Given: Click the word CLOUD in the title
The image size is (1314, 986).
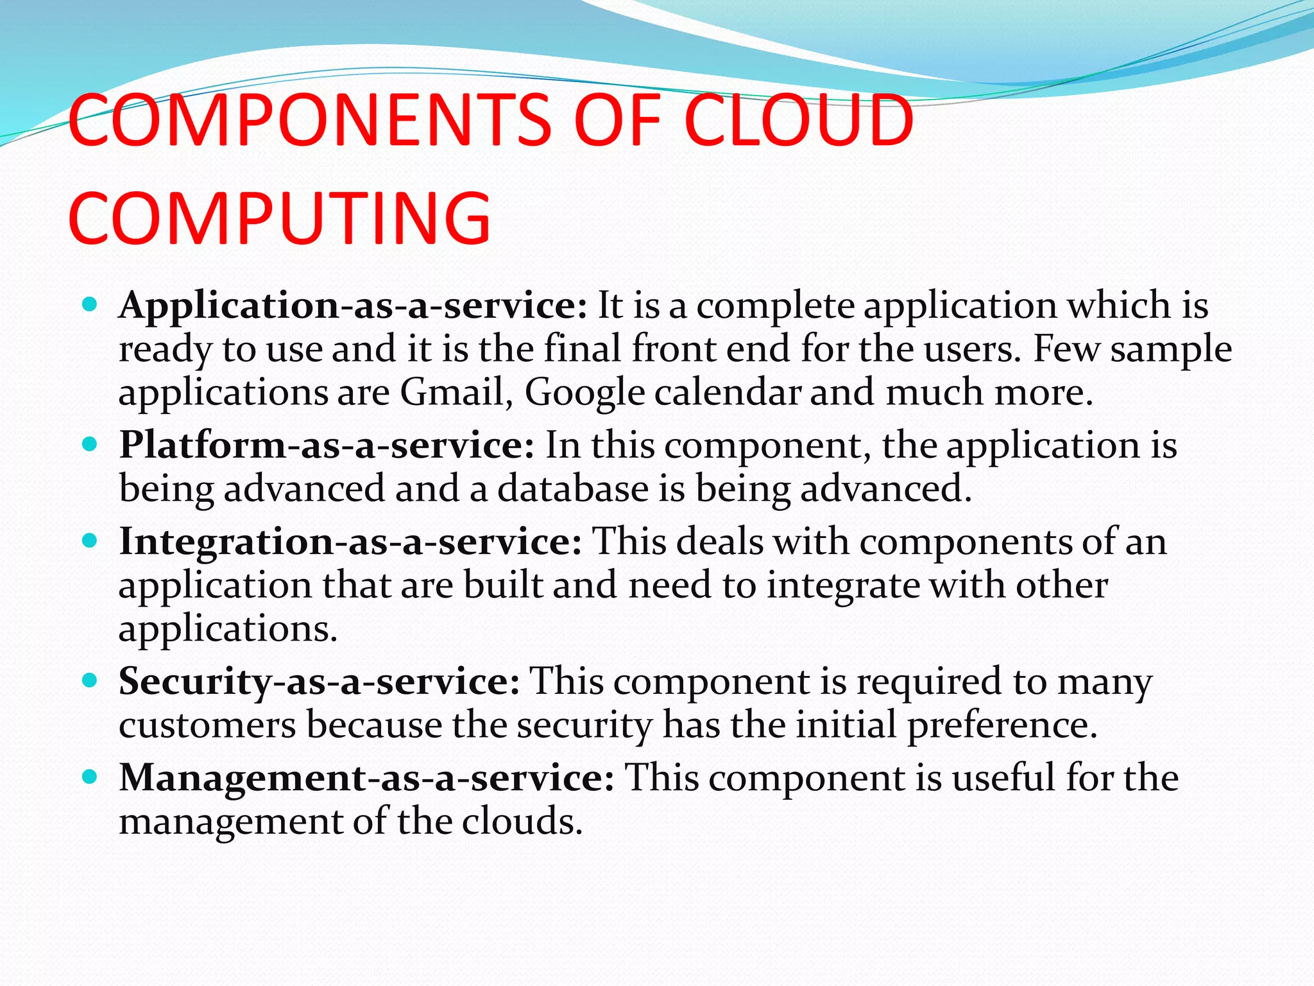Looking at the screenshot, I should (x=798, y=121).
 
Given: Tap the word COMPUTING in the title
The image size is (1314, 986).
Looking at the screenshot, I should (x=280, y=218).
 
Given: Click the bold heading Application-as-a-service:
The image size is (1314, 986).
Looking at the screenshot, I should (x=353, y=305).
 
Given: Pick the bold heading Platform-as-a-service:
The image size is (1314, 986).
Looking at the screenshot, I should (x=326, y=445).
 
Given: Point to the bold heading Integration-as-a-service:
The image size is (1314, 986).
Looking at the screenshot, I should (x=350, y=541).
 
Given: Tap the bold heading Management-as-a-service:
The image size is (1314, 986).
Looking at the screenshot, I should (x=366, y=777).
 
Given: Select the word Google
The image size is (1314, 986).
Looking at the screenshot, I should (x=584, y=392).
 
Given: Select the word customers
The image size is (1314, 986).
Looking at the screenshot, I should (x=207, y=726).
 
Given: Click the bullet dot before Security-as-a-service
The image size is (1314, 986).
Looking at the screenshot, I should (x=90, y=680).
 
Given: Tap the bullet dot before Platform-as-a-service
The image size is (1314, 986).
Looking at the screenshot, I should (x=90, y=444).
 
